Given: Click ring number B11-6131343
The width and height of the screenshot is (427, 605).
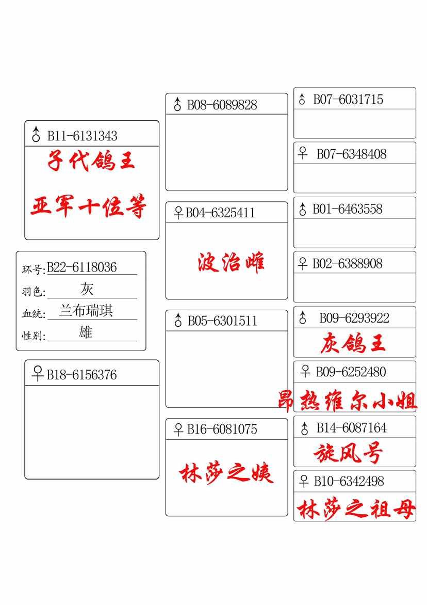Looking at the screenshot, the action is click(82, 136).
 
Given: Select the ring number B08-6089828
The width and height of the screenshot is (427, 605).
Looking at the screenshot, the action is click(222, 105).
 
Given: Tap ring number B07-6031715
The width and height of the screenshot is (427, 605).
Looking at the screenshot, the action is click(348, 99).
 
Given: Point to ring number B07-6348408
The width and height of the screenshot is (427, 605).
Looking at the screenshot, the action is click(352, 154).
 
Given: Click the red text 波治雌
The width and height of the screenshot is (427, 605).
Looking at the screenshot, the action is click(231, 262).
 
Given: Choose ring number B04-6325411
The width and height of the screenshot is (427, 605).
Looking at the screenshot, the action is click(220, 213).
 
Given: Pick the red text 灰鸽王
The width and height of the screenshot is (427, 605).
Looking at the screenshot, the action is click(353, 343).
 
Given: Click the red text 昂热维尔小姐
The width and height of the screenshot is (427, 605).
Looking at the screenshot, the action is click(348, 400).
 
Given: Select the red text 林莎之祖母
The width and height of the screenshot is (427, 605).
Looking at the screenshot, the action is click(356, 509).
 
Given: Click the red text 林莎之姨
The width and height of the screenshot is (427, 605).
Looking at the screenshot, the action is click(226, 473).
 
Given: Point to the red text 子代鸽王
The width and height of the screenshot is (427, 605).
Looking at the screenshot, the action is click(91, 160).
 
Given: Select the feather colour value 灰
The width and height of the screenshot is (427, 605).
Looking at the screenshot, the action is click(87, 289).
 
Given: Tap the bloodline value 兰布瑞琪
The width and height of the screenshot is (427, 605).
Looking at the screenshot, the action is click(86, 311).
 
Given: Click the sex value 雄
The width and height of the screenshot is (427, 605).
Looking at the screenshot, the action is click(86, 332).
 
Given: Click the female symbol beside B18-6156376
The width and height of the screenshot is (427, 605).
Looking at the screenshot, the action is click(37, 374).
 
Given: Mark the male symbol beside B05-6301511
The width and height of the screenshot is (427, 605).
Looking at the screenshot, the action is click(178, 320).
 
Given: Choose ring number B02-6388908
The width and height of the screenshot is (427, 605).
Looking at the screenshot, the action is click(348, 264).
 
